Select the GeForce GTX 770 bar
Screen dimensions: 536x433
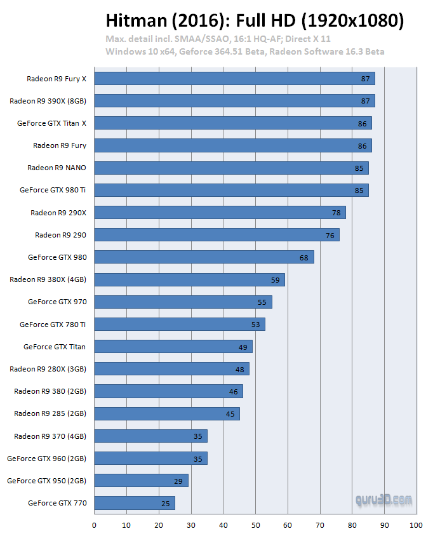(134, 504)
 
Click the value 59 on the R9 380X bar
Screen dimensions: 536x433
(275, 279)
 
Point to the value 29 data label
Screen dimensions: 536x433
(178, 481)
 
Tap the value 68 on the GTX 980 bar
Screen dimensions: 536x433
(304, 257)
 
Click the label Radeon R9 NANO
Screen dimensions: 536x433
(57, 168)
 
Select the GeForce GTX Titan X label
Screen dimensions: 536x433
(51, 123)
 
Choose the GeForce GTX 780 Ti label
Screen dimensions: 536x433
(53, 325)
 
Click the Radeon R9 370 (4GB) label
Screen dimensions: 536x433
(50, 436)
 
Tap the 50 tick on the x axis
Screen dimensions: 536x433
(255, 525)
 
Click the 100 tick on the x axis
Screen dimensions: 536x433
(416, 525)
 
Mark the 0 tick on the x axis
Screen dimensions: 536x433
(94, 525)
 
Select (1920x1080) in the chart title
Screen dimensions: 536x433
(352, 20)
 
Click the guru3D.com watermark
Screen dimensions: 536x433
(383, 500)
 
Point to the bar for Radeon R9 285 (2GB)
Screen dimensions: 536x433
(166, 414)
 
